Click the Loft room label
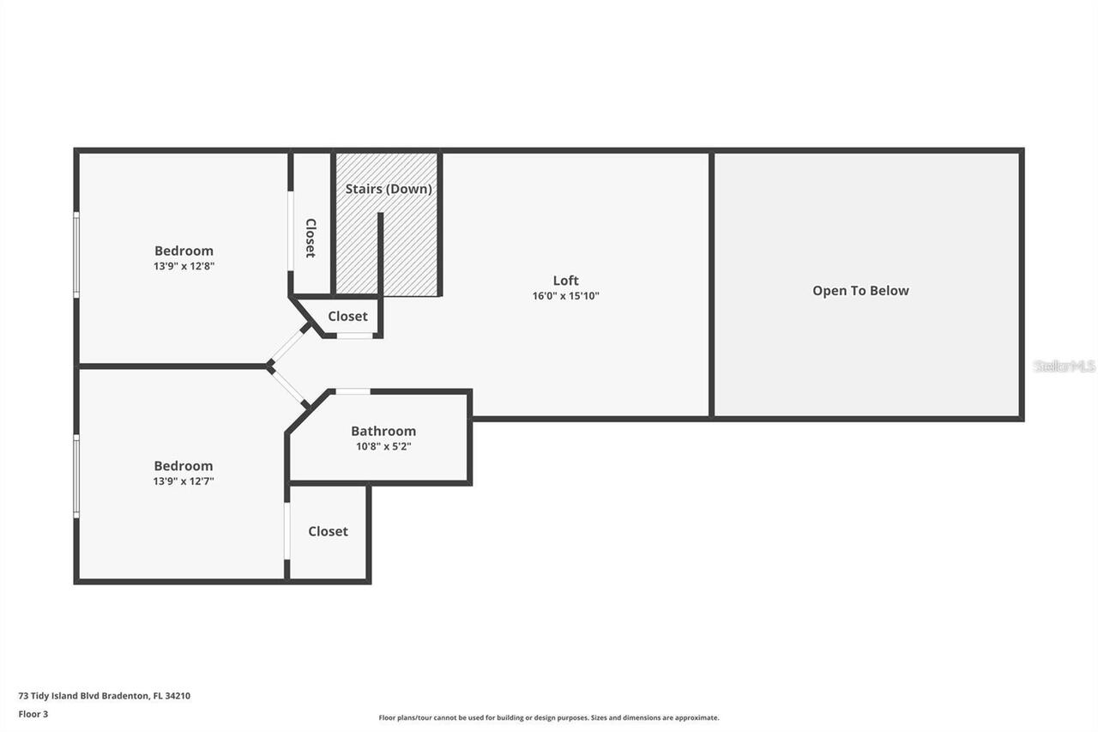pos(565,281)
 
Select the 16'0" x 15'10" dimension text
pos(565,296)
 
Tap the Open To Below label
pos(860,291)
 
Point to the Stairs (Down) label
pos(389,189)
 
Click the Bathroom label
pos(383,432)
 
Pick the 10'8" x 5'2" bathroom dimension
pos(383,446)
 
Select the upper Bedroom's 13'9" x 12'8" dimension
pos(184,267)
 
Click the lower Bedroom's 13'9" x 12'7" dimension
pos(184,481)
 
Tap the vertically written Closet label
pos(311,238)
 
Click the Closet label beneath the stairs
pos(347,317)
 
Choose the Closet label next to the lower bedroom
pos(328,532)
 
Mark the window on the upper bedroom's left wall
pos(76,255)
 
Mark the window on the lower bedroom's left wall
pos(76,475)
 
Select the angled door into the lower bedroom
pos(289,387)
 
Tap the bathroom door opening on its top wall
pos(352,392)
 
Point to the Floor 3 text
pos(33,713)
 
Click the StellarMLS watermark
pos(1064,366)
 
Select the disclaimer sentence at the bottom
pos(549,717)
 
